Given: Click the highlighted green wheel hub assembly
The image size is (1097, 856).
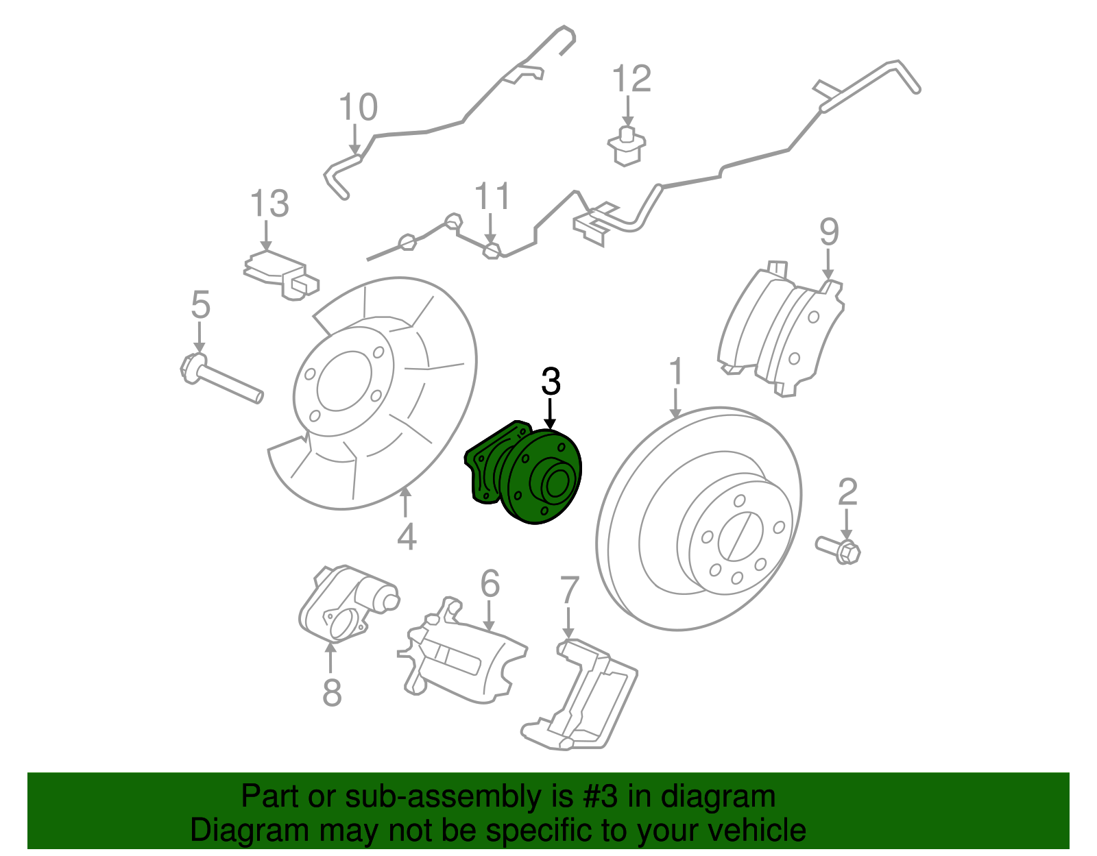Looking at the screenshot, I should coord(528,476).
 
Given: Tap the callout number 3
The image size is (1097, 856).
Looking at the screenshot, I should coord(551,382).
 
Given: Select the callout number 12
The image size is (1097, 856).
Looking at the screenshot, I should coord(631,80).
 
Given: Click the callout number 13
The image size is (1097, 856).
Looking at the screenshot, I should coord(269,204).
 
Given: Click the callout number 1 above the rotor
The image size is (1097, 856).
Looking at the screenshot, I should coord(676,372).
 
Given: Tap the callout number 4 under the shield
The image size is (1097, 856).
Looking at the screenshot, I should coord(406,537).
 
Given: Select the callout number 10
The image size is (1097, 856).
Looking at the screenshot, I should coord(358,108).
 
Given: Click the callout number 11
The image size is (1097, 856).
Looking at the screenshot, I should coord(492,197).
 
